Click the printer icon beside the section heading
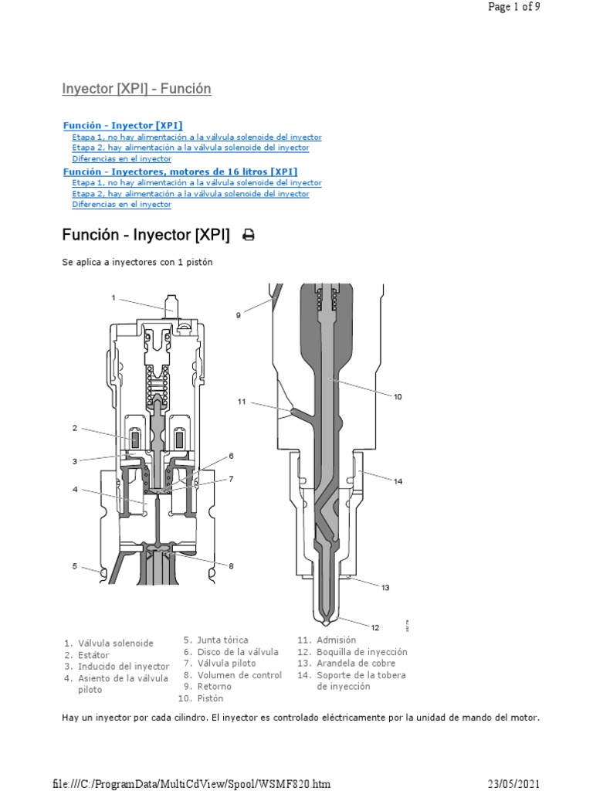pyautogui.click(x=249, y=236)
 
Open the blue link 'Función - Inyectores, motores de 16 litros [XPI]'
pyautogui.click(x=179, y=171)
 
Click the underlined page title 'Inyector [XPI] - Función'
pyautogui.click(x=137, y=89)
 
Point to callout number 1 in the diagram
pyautogui.click(x=113, y=297)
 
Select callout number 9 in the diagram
pyautogui.click(x=239, y=315)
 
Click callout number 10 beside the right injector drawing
pyautogui.click(x=398, y=397)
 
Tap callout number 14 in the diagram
pyautogui.click(x=398, y=481)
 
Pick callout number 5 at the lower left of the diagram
pyautogui.click(x=75, y=566)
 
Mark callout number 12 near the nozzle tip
pyautogui.click(x=375, y=626)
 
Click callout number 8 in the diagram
pyautogui.click(x=230, y=566)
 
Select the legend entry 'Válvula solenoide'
pyautogui.click(x=115, y=643)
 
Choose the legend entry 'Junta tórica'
pyautogui.click(x=222, y=640)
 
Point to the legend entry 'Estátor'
pyautogui.click(x=92, y=655)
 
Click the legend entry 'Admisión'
pyautogui.click(x=336, y=640)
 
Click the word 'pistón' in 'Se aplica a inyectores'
pyautogui.click(x=198, y=263)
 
